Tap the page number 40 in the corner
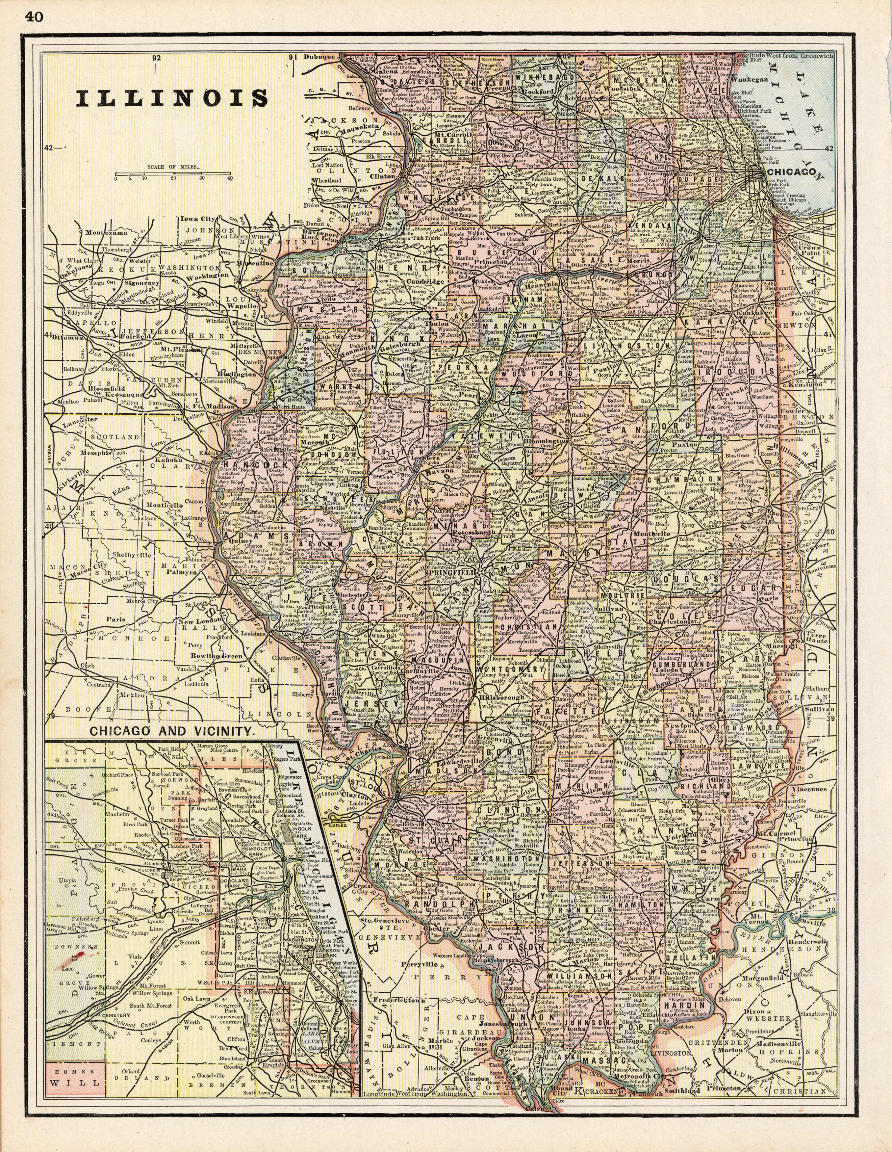click(x=33, y=17)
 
